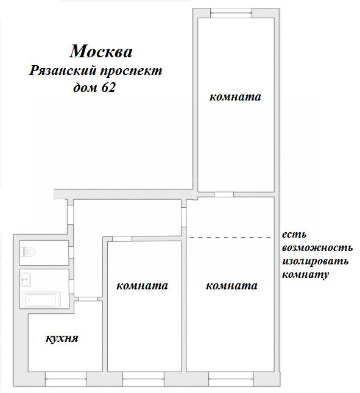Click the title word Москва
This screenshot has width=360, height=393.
click(x=101, y=51)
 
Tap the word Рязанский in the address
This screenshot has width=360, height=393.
click(x=63, y=71)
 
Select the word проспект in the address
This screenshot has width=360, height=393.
click(x=132, y=71)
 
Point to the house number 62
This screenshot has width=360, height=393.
click(x=108, y=88)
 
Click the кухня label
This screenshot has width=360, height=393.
click(x=62, y=338)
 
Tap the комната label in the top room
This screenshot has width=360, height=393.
click(x=235, y=97)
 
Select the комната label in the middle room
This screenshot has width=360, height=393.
click(x=142, y=286)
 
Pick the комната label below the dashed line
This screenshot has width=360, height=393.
click(x=231, y=286)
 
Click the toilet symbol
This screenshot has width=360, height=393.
click(x=29, y=252)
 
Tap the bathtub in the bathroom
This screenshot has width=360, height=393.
click(x=41, y=300)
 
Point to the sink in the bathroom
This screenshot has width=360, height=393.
click(x=26, y=279)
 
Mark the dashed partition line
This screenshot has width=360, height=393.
click(x=231, y=238)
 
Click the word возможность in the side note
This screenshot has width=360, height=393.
click(x=317, y=248)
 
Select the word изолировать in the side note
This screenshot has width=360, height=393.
click(x=315, y=261)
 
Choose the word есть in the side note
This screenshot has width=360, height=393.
click(x=294, y=235)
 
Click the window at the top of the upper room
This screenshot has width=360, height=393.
click(x=231, y=13)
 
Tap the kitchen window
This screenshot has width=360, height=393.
click(x=66, y=379)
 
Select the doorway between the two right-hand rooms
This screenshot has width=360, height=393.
click(x=224, y=194)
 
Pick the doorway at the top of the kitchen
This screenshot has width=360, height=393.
click(x=88, y=299)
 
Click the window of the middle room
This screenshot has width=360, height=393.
click(x=143, y=379)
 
